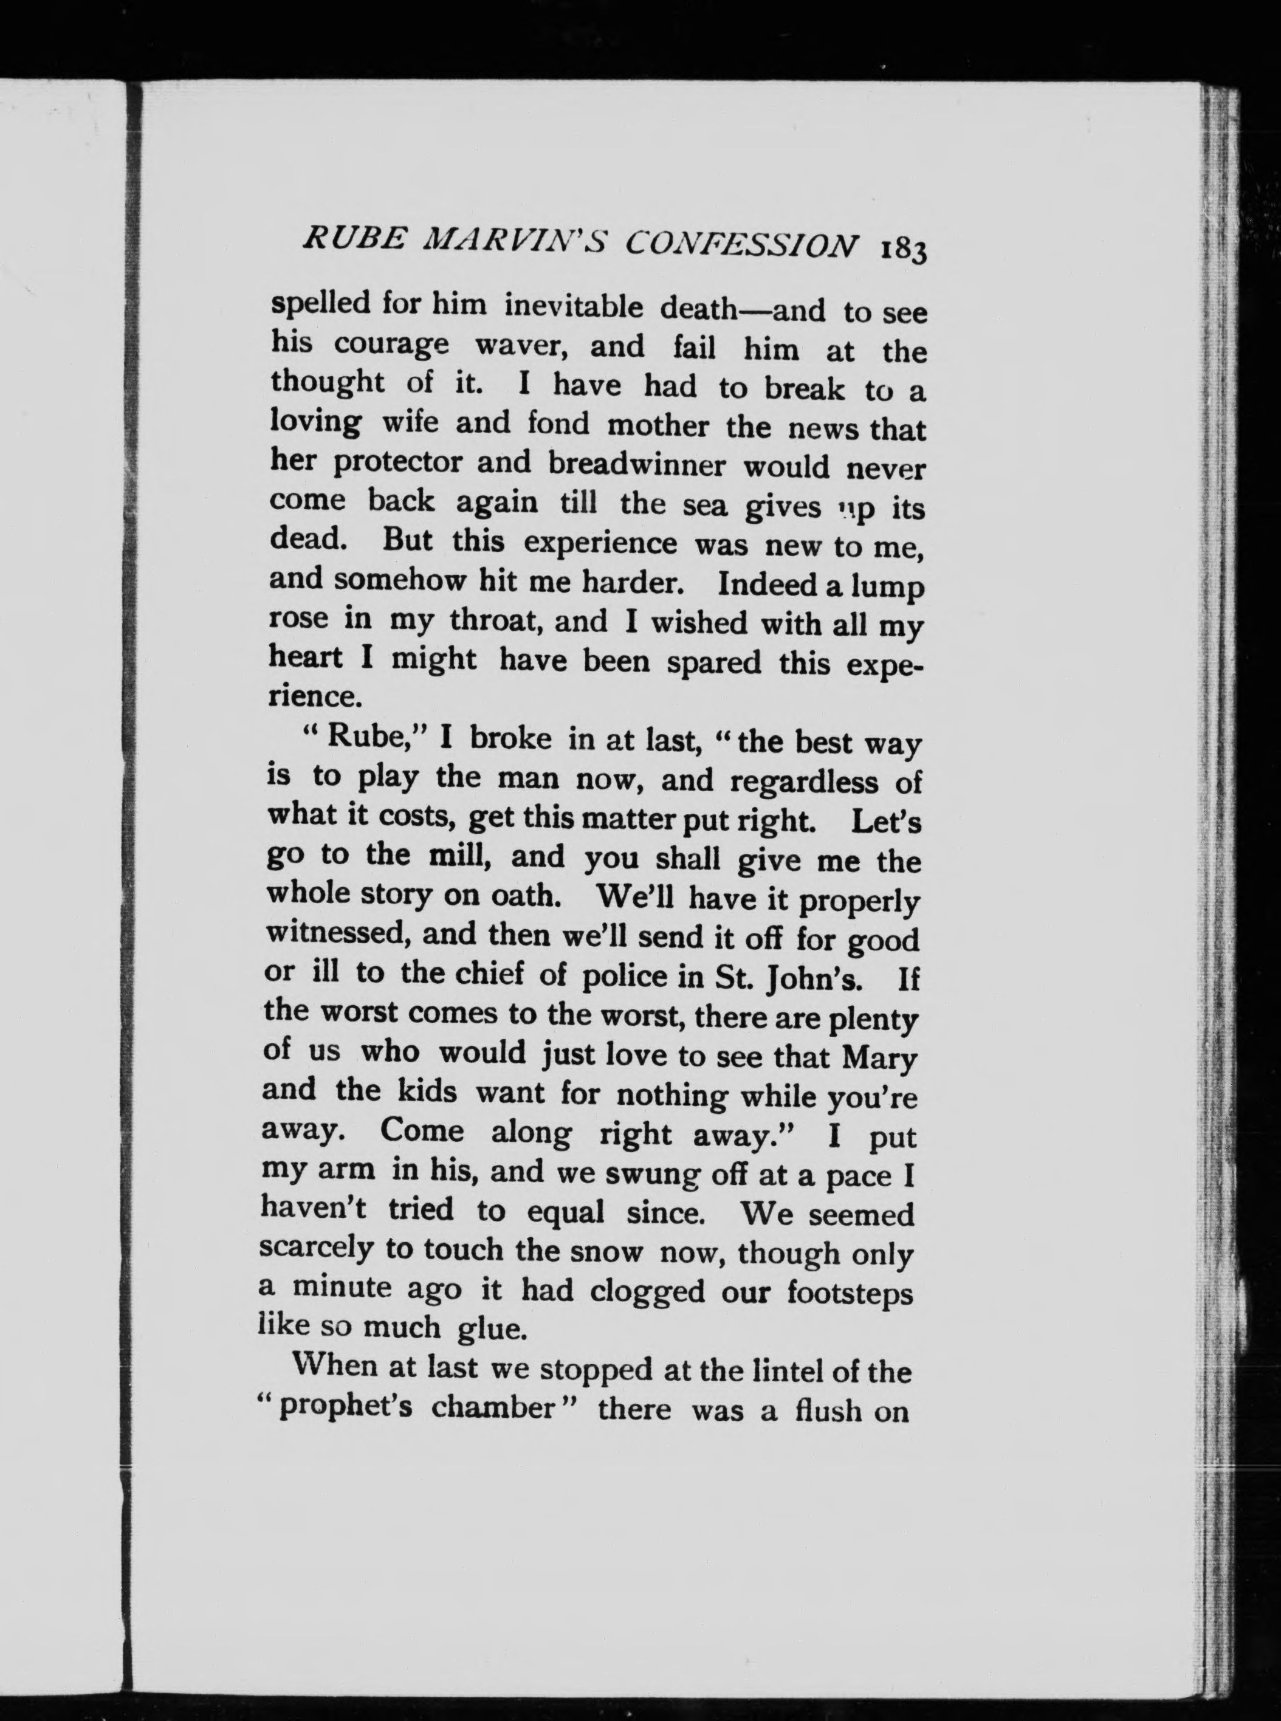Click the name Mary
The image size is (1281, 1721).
tap(879, 1057)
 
